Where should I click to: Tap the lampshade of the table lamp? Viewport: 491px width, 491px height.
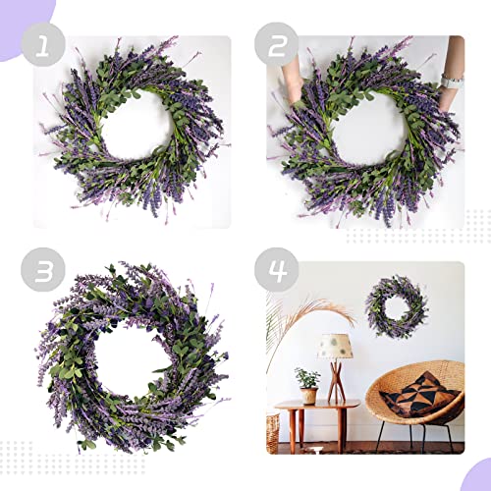tap(335, 347)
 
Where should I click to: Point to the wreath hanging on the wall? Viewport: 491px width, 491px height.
tap(396, 306)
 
